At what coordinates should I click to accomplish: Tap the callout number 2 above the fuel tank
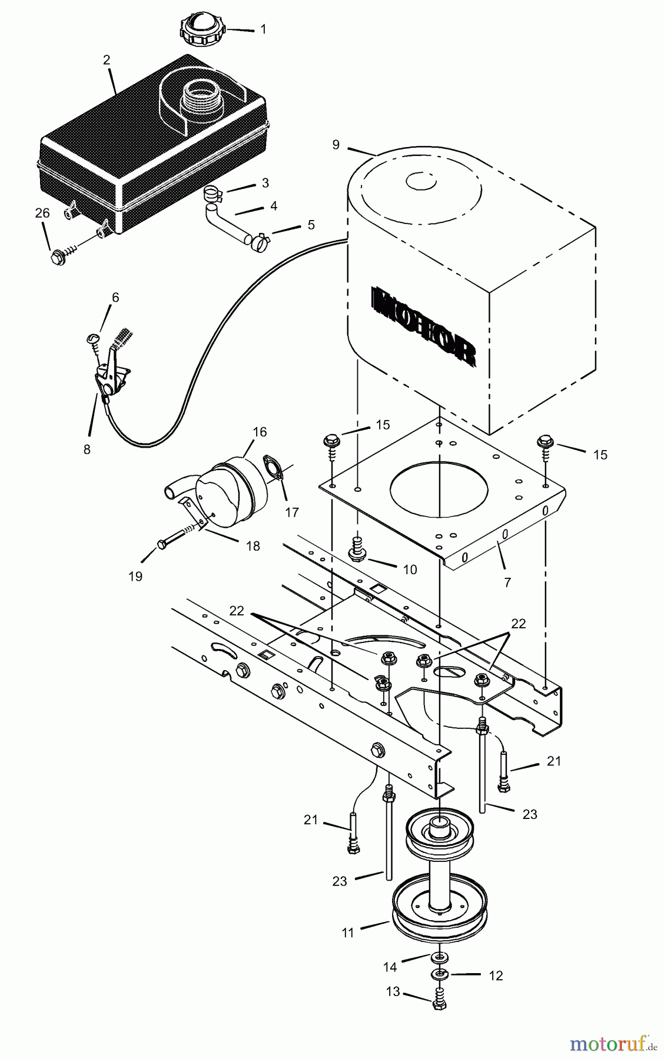click(107, 60)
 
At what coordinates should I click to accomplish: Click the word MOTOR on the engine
click(423, 327)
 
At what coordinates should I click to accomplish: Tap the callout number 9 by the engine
click(336, 145)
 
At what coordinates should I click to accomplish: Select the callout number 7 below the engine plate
click(507, 582)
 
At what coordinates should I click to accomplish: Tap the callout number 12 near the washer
click(496, 975)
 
